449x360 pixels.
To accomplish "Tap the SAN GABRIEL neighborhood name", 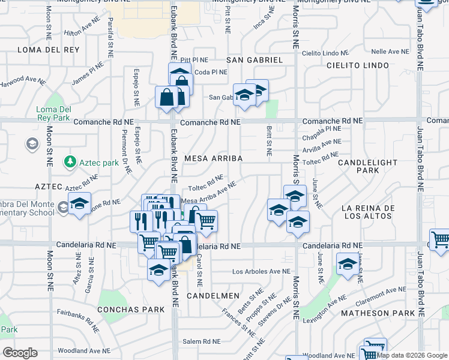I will (254, 60).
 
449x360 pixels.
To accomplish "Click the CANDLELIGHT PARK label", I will (367, 166).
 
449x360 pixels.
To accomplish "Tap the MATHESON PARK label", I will (378, 313).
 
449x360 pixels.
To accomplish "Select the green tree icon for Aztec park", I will (70, 162).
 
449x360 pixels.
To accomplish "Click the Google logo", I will (20, 352).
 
